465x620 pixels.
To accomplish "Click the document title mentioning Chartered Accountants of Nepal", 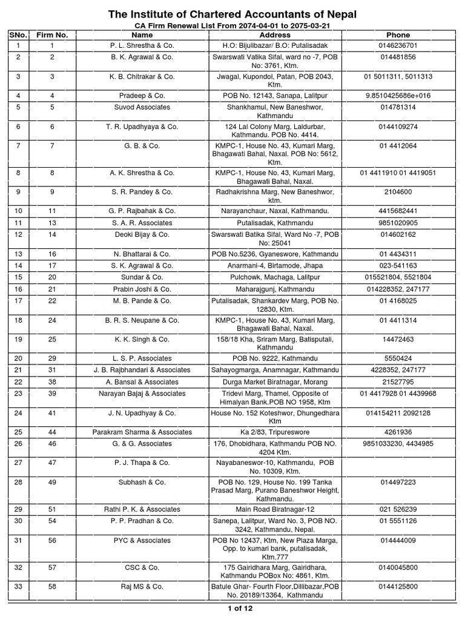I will pos(232,14).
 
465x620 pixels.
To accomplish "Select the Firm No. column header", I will pos(53,35).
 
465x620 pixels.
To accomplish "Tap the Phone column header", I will pos(397,35).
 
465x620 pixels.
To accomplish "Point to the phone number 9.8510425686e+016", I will pos(397,96).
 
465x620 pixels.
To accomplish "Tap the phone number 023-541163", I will pos(397,266).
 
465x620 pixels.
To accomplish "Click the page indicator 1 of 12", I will pos(232,608).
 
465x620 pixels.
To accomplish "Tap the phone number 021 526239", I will pos(397,509).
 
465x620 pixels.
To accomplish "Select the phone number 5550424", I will pos(397,358).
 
